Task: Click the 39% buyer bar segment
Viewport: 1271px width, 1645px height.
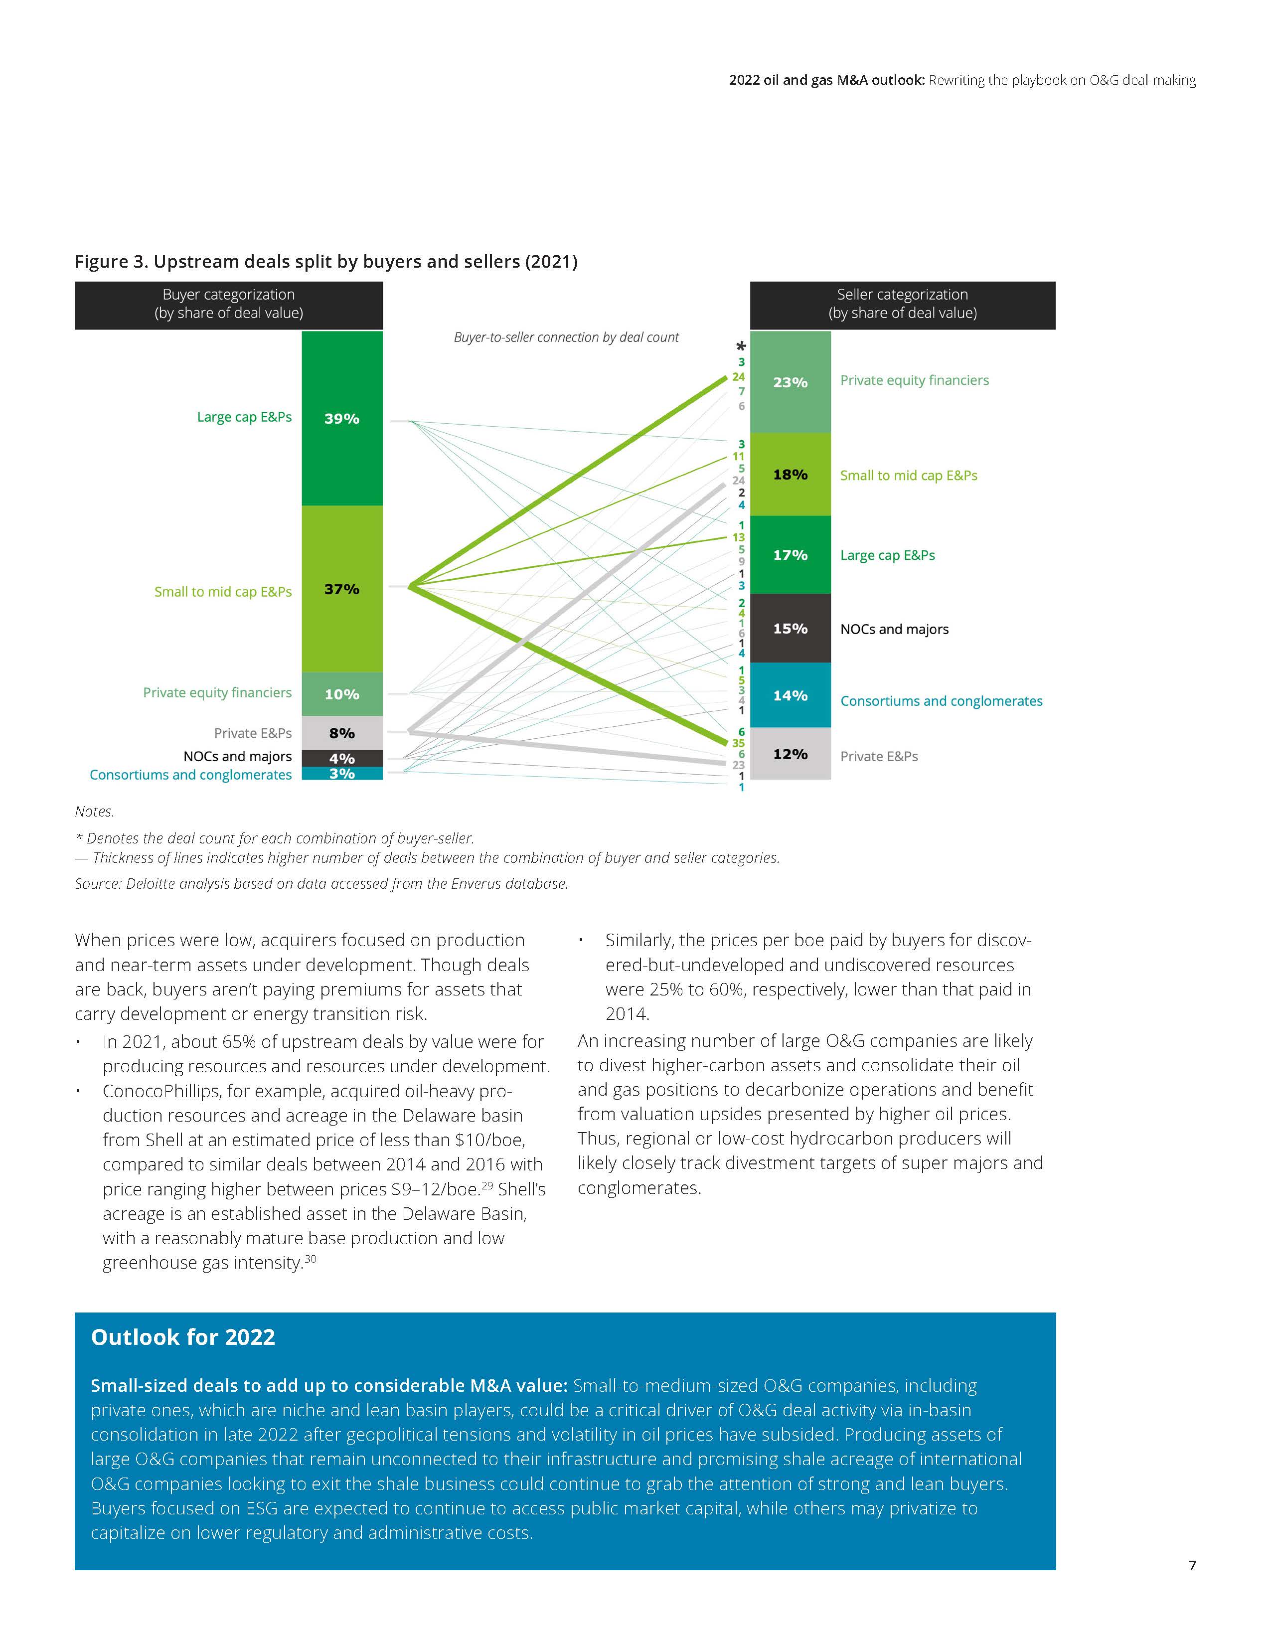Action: click(342, 418)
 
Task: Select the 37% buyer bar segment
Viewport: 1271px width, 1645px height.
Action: click(342, 589)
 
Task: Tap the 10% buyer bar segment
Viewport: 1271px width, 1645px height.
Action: click(342, 694)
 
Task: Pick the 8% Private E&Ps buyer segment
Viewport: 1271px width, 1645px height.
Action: click(342, 733)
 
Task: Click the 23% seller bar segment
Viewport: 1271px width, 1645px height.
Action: click(790, 382)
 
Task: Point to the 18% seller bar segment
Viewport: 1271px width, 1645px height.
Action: click(790, 475)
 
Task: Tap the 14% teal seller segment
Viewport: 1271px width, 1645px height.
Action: click(790, 695)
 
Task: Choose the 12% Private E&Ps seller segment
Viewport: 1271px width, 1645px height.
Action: click(790, 754)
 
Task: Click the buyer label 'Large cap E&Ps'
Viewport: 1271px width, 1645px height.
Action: click(244, 417)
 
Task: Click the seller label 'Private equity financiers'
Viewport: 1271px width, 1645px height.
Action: click(914, 380)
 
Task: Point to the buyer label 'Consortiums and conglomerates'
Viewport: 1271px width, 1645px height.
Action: click(190, 775)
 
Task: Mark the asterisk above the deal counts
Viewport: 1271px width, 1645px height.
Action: click(741, 346)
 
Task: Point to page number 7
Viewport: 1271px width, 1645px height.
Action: click(1192, 1565)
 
